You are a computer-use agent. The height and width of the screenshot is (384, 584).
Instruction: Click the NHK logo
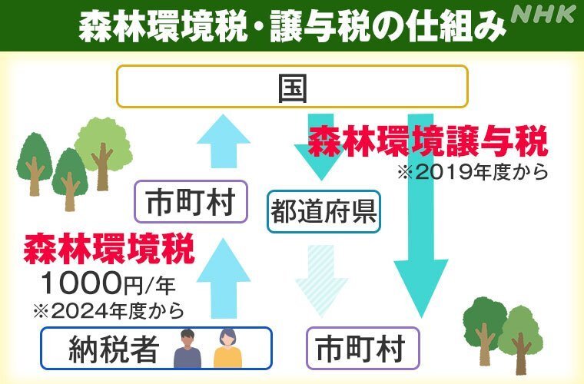pyautogui.click(x=543, y=15)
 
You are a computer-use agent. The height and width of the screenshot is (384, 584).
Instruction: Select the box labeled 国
pyautogui.click(x=292, y=87)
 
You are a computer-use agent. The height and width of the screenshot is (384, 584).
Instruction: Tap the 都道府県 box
pyautogui.click(x=324, y=212)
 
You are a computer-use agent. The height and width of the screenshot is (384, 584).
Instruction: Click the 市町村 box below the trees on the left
pyautogui.click(x=191, y=202)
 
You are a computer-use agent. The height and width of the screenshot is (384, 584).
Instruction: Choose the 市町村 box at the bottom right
pyautogui.click(x=363, y=348)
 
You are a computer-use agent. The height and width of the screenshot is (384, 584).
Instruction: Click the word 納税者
pyautogui.click(x=114, y=349)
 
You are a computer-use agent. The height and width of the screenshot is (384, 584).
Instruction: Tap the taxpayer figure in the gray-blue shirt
pyautogui.click(x=187, y=349)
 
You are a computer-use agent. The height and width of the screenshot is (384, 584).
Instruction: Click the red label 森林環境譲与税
pyautogui.click(x=428, y=141)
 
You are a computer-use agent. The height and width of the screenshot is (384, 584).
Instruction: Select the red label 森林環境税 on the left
pyautogui.click(x=109, y=248)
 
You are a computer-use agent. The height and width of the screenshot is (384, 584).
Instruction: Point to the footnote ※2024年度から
pyautogui.click(x=109, y=311)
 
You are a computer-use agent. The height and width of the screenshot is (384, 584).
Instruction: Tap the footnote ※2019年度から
pyautogui.click(x=473, y=172)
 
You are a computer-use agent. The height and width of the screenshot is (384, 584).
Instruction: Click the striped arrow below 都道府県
pyautogui.click(x=322, y=281)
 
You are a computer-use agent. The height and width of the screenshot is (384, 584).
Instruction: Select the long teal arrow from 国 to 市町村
pyautogui.click(x=421, y=216)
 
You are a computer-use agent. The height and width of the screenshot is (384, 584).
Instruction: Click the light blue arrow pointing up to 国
pyautogui.click(x=224, y=141)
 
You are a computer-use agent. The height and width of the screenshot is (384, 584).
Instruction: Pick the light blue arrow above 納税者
pyautogui.click(x=224, y=279)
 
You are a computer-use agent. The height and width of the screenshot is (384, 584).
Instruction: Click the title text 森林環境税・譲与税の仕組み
pyautogui.click(x=292, y=26)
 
